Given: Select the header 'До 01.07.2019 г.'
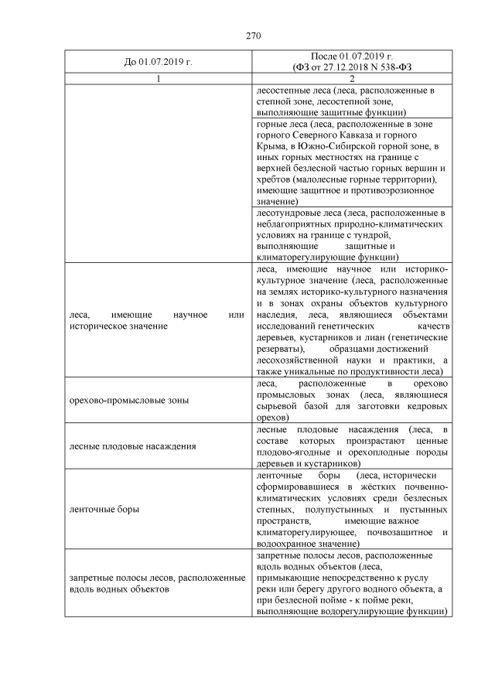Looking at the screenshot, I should click(157, 61).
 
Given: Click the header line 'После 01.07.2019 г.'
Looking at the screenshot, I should click(352, 56).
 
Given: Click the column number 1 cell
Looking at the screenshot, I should click(157, 79).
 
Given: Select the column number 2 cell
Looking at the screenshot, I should click(352, 79).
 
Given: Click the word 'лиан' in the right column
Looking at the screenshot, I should click(375, 337).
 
